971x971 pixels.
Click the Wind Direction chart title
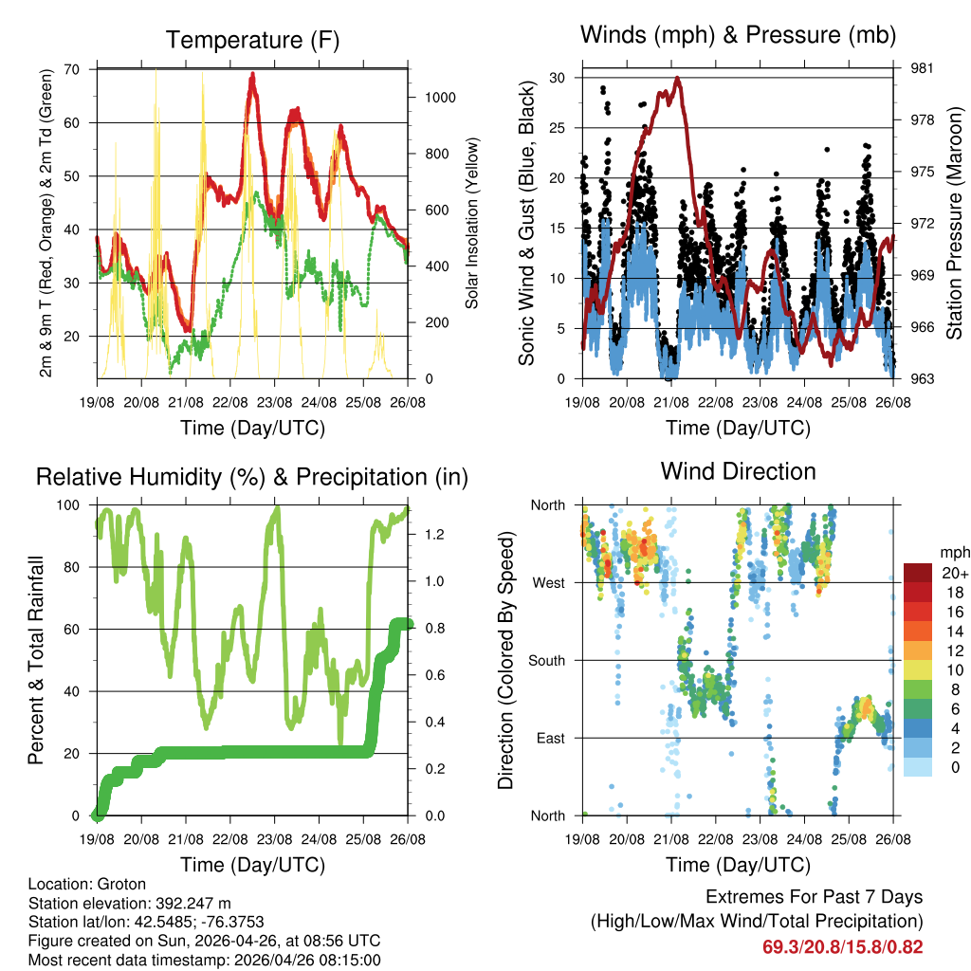click(738, 470)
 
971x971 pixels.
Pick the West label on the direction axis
click(548, 582)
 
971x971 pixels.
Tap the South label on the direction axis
click(546, 660)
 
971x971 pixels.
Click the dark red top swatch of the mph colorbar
click(917, 573)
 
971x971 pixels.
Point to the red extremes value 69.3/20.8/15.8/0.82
click(842, 946)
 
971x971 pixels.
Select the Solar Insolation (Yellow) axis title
click(471, 224)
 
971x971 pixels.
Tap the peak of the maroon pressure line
click(677, 79)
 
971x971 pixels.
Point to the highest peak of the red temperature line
click(252, 75)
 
